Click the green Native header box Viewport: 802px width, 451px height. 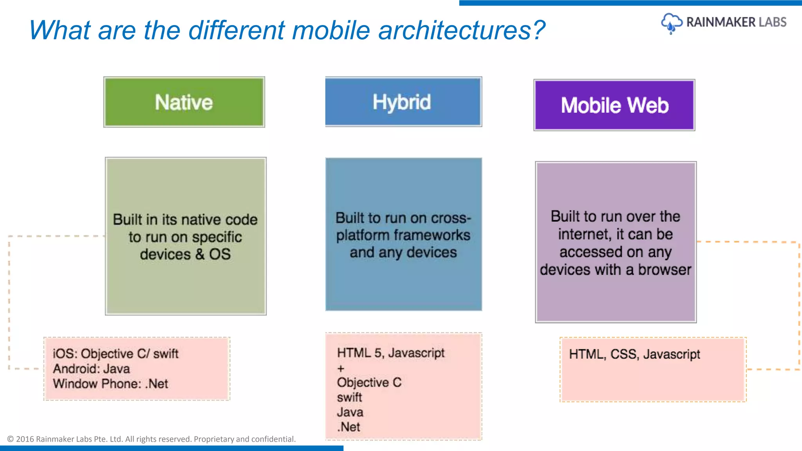(184, 102)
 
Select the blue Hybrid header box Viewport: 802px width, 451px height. (403, 102)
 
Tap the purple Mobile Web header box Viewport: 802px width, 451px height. (614, 105)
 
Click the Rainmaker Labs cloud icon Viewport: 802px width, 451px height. (671, 23)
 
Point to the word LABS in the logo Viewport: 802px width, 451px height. (772, 22)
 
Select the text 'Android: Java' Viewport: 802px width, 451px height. (91, 369)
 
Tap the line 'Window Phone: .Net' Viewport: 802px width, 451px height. (110, 384)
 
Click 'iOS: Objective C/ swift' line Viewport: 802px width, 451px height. (116, 354)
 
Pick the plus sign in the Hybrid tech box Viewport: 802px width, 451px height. (341, 368)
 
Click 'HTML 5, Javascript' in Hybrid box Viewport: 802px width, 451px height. (390, 353)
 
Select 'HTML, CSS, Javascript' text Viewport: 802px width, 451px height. (634, 354)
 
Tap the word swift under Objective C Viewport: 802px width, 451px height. (349, 397)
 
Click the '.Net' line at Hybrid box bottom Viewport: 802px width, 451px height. (349, 427)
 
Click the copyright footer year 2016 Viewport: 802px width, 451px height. (25, 439)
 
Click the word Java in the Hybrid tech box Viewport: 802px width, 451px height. (350, 412)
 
